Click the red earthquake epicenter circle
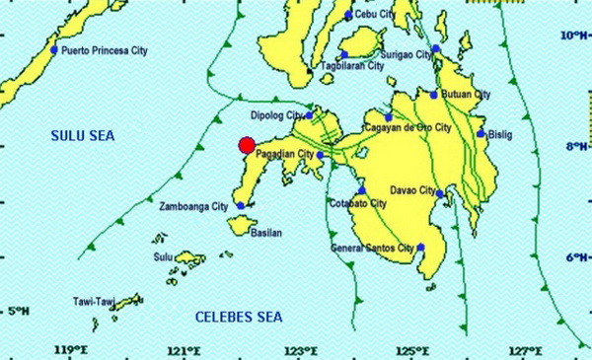pyautogui.click(x=248, y=146)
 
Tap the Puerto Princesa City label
pyautogui.click(x=105, y=49)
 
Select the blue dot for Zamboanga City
pyautogui.click(x=240, y=206)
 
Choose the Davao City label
pyautogui.click(x=412, y=189)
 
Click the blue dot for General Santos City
pyautogui.click(x=420, y=248)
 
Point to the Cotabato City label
pyautogui.click(x=356, y=203)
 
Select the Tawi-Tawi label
pyautogui.click(x=96, y=301)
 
